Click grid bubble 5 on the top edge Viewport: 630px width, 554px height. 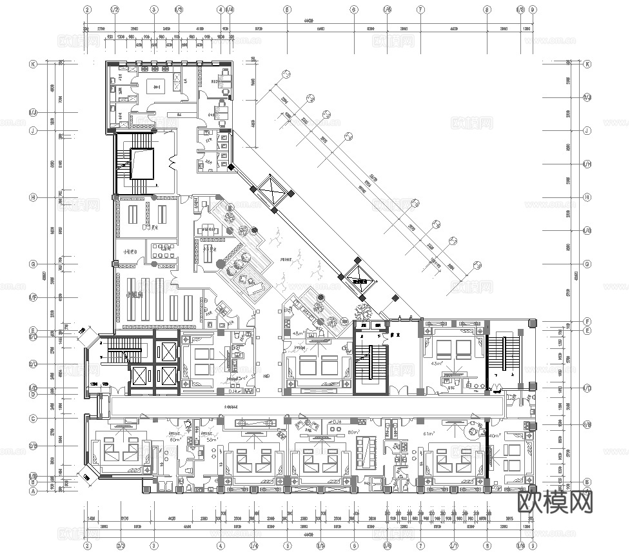click(286, 10)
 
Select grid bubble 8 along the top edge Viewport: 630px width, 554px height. click(487, 10)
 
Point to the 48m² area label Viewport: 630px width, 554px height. click(297, 333)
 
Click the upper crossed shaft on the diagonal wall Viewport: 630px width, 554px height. click(273, 192)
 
